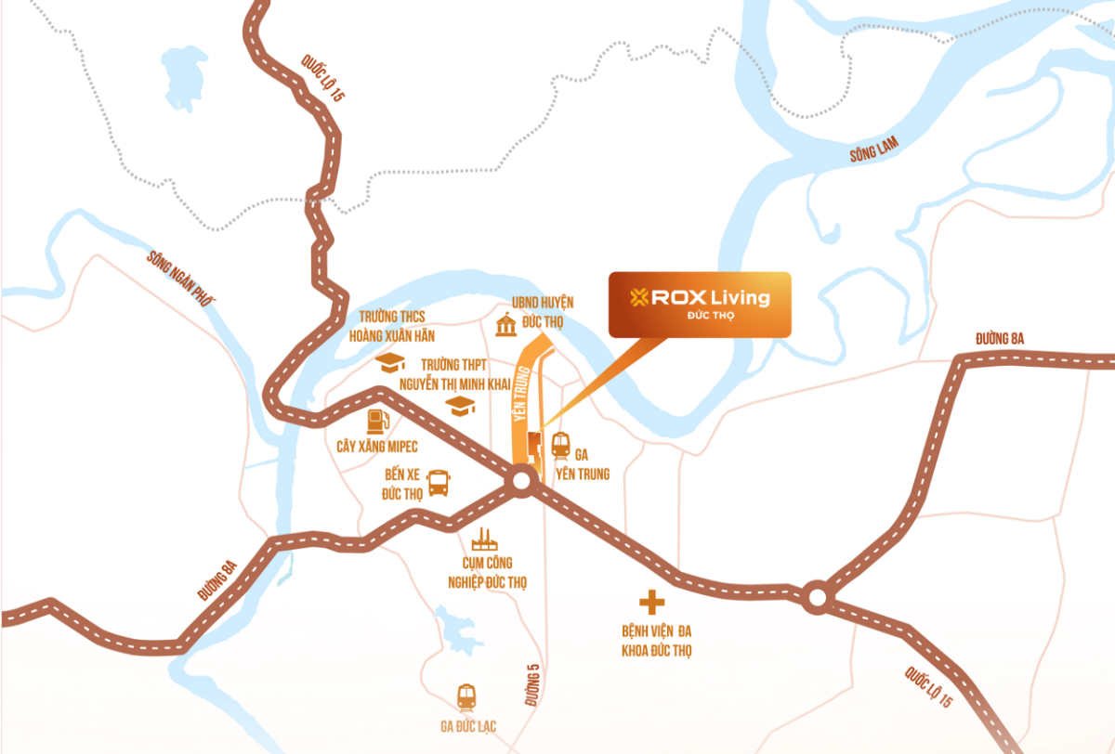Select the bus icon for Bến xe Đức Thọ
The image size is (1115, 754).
pos(438,483)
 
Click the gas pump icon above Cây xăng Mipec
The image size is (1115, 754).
pos(376,421)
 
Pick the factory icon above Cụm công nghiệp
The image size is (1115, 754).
pos(482,539)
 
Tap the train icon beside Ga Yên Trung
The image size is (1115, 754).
pos(560,446)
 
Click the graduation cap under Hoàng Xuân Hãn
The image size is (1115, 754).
pos(390,361)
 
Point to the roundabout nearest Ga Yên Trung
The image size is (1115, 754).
pos(520,481)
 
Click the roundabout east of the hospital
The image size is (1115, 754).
pos(817,596)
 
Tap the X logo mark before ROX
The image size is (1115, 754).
pos(638,298)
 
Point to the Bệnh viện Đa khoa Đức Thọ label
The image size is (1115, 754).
pos(657,641)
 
